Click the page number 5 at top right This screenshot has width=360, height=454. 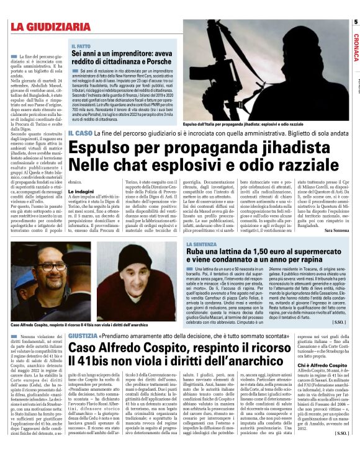[x=356, y=23]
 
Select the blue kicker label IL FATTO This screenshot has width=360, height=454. [x=81, y=47]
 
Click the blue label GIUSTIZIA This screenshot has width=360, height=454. [x=83, y=336]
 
